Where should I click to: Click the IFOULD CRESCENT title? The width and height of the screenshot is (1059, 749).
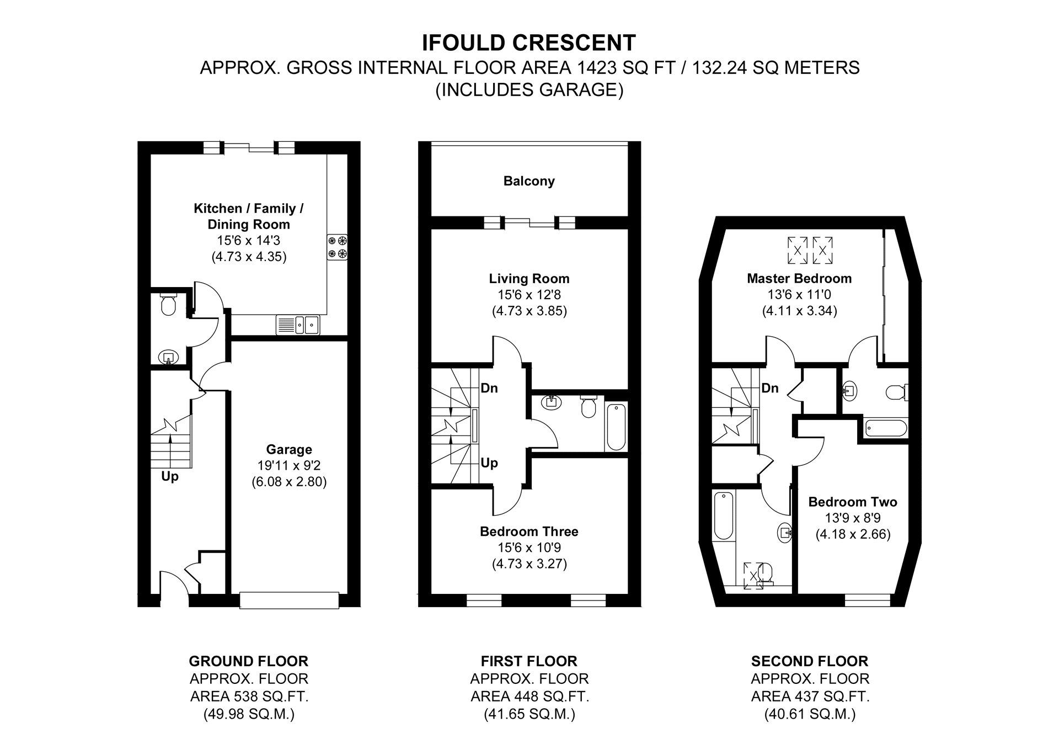click(529, 43)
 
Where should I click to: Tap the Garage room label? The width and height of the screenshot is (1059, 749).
click(289, 449)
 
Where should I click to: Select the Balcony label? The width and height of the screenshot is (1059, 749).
click(529, 181)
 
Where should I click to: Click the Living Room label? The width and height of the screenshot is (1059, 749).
click(529, 279)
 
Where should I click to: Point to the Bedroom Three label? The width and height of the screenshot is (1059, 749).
click(529, 532)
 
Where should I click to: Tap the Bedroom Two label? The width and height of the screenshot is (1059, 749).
click(853, 502)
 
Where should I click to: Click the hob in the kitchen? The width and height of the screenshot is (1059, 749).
click(338, 247)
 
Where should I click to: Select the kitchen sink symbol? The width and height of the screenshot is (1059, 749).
click(298, 325)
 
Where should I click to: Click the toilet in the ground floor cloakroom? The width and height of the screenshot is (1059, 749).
click(167, 304)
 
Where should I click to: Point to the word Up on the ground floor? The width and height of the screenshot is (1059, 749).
click(170, 476)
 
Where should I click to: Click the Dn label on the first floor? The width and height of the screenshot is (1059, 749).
click(489, 388)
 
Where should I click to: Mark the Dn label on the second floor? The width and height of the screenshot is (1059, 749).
click(770, 388)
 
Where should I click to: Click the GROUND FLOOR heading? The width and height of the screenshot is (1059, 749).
click(248, 661)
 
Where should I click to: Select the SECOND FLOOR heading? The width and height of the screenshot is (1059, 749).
click(810, 661)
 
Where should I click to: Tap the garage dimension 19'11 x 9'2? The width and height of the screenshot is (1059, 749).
click(289, 465)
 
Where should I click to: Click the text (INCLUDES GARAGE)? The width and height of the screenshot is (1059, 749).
click(529, 89)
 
